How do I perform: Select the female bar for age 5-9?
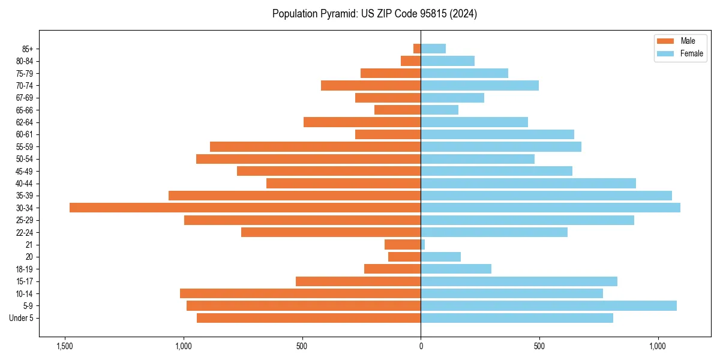pos(548,306)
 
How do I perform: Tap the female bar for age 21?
pos(423,245)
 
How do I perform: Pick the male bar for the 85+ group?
pos(417,49)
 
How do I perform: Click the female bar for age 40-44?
pos(528,183)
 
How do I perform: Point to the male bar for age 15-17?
pos(358,281)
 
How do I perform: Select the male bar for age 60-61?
pos(388,134)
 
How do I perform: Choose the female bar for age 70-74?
pos(479,85)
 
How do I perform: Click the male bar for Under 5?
pos(308,318)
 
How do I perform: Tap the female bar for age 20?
pos(440,257)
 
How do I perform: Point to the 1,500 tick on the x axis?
pos(64,347)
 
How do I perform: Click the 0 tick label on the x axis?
pos(421,347)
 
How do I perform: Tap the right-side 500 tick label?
pos(539,347)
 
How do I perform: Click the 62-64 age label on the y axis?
pos(25,122)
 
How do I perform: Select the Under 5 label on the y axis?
pos(22,318)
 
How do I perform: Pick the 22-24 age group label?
pos(25,232)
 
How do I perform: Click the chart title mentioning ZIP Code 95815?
pos(374,14)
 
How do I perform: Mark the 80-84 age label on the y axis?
pos(25,61)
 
